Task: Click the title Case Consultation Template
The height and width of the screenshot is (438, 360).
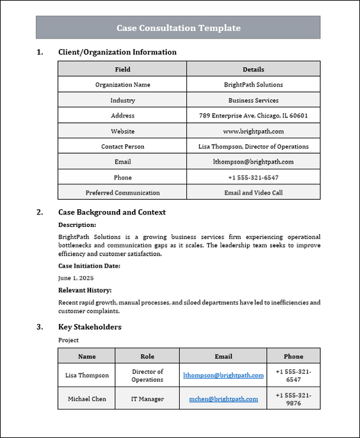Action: coord(178,28)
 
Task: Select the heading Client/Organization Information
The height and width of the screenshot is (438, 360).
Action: coord(118,52)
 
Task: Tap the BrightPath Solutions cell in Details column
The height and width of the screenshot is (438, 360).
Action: coord(253,85)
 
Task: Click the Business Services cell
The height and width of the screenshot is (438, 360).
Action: coord(253,101)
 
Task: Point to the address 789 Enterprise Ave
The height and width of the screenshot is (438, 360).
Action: coord(253,115)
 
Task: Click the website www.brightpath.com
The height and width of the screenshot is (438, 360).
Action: coord(253,131)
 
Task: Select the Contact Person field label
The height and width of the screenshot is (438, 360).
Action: coord(122,146)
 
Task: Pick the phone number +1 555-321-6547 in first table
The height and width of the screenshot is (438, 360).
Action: coord(253,177)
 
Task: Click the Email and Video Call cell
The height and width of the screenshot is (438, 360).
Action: coord(253,192)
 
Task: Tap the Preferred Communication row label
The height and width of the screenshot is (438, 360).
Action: coord(122,192)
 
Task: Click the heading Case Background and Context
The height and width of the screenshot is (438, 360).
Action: coord(111,212)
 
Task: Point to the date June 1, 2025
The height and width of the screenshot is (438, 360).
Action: coord(76,277)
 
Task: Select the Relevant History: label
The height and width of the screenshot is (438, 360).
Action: coord(85,290)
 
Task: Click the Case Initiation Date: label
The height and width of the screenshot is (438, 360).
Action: coord(89,266)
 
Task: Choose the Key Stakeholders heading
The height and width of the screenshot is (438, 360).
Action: coord(90,327)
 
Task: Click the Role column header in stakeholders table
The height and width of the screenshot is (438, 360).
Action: coord(147,356)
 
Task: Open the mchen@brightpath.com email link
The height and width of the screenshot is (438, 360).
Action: coord(223,399)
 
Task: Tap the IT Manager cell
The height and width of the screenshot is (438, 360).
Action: coord(147,399)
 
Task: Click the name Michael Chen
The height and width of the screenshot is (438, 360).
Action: coord(86,399)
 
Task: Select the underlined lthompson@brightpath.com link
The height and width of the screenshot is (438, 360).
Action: coord(223,375)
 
